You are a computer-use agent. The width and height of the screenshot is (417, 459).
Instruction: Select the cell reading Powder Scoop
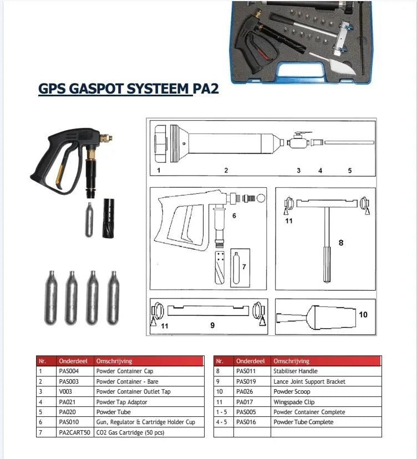292,392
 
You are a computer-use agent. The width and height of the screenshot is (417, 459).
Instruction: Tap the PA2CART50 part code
74,432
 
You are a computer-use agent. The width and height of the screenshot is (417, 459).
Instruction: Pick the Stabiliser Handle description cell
296,372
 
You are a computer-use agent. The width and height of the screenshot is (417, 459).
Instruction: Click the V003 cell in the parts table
65,392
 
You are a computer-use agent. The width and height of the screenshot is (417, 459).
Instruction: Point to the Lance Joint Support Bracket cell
309,382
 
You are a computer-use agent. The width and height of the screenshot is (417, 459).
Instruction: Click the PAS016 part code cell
247,422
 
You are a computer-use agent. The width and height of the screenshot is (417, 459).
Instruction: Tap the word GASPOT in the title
95,89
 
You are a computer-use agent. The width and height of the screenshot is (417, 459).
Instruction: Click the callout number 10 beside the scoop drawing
363,314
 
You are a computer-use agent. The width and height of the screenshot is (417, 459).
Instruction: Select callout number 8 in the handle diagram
341,242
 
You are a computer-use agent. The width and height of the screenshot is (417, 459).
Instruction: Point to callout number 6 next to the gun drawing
235,215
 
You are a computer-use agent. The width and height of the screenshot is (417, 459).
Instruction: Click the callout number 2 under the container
226,171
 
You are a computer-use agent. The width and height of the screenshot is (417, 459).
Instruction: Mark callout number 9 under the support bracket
212,326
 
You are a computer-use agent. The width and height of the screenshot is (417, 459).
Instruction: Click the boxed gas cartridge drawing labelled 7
240,267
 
